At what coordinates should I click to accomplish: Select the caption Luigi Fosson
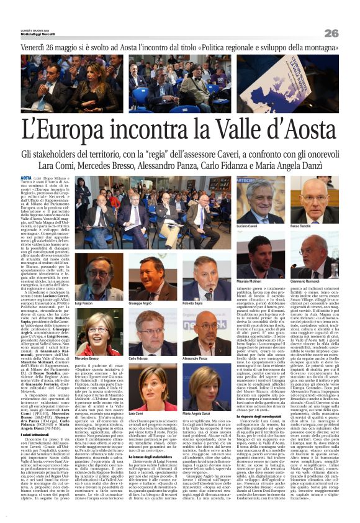(x=84, y=304)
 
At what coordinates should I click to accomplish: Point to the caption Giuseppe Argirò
(x=141, y=304)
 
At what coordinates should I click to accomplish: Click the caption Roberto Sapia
(x=193, y=304)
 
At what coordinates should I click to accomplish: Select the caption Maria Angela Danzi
(x=198, y=412)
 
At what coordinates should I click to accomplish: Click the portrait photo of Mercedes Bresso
(x=89, y=332)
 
